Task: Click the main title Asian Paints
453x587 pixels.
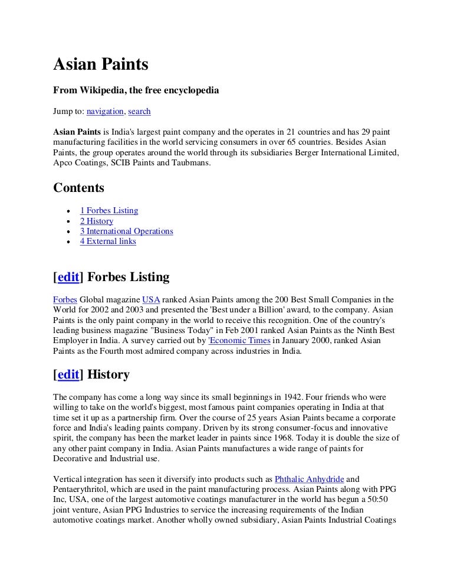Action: (101, 64)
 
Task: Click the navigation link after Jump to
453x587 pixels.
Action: (105, 111)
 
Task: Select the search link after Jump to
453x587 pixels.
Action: (139, 111)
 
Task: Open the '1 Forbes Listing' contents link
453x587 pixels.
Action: (109, 210)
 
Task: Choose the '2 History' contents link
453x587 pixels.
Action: (96, 221)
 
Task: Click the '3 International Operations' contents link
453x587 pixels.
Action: (126, 231)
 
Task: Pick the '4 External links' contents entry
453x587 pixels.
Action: (108, 242)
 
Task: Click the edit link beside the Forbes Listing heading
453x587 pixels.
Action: (68, 277)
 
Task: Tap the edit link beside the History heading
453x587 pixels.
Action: (68, 374)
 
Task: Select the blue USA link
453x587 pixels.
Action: (151, 300)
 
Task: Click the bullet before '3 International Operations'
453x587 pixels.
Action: (70, 231)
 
